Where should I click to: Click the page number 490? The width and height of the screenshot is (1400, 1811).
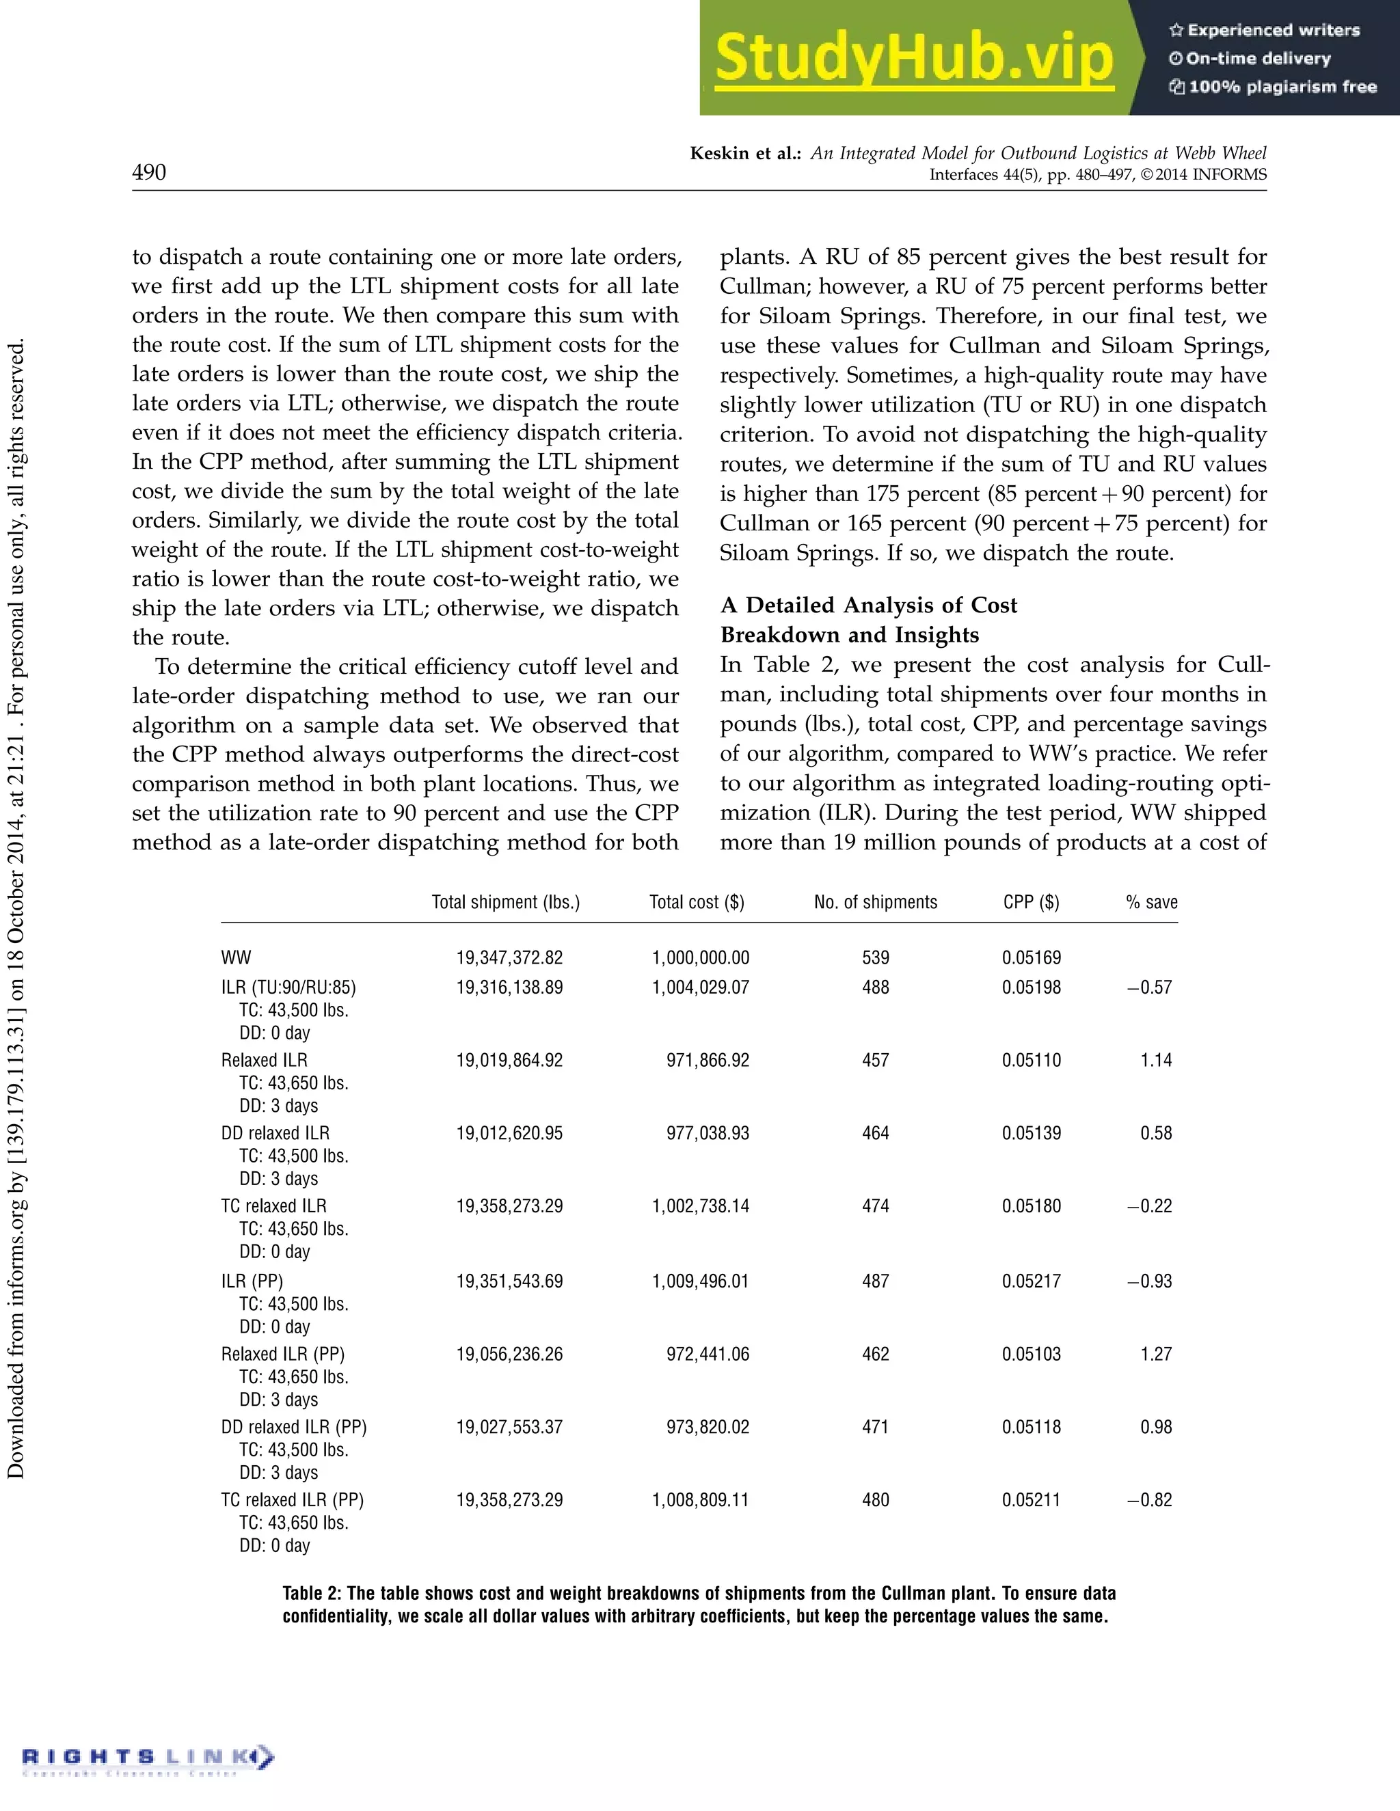[149, 172]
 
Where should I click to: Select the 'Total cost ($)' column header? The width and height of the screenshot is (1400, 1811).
[697, 902]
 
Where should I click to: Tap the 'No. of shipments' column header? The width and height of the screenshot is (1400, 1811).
[875, 902]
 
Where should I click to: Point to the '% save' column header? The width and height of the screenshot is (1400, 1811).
[1151, 902]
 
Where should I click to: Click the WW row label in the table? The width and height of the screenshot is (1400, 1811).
[237, 957]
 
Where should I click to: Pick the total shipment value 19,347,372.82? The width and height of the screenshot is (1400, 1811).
[509, 957]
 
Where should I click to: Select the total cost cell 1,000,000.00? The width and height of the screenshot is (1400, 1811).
[700, 957]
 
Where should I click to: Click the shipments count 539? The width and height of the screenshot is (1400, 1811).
[875, 957]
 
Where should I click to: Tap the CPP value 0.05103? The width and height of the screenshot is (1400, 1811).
[1031, 1354]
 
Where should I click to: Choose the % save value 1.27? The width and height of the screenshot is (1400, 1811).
[1156, 1354]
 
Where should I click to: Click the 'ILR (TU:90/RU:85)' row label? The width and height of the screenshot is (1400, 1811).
[288, 988]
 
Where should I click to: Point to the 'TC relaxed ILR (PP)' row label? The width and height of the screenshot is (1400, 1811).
[292, 1500]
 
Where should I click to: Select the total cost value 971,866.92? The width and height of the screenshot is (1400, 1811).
[708, 1061]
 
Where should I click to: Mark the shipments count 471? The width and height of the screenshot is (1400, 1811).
[875, 1427]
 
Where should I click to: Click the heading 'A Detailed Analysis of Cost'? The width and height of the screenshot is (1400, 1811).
[868, 605]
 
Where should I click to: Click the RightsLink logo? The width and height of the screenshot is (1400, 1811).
[148, 1757]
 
